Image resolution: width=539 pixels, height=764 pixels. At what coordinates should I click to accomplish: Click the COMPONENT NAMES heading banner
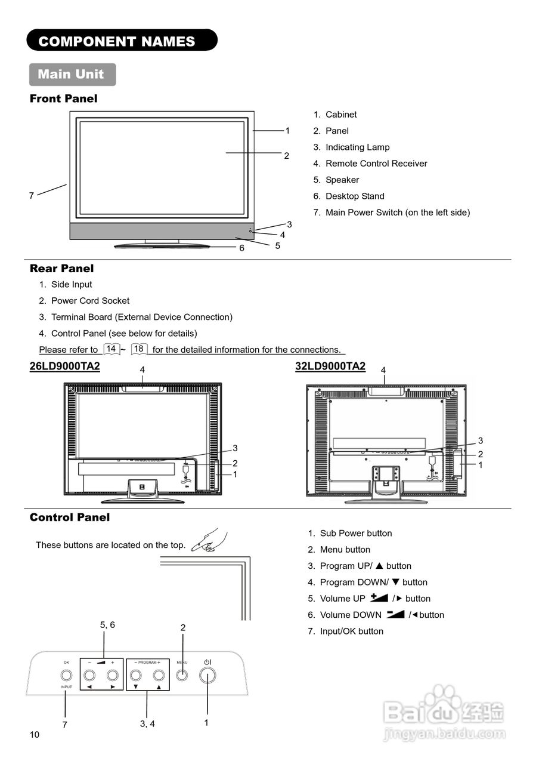122,41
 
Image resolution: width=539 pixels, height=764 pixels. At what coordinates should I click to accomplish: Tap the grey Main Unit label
72,75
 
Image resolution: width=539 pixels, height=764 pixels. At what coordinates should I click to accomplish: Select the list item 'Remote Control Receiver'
376,164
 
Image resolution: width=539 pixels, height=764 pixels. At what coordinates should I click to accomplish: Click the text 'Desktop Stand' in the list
355,196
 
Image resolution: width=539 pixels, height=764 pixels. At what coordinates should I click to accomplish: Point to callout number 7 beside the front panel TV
32,195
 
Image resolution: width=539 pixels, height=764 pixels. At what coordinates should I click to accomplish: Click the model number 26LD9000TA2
65,366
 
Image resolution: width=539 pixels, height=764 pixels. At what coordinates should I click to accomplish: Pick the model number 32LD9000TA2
330,366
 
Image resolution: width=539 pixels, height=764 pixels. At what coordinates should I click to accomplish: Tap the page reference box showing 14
111,349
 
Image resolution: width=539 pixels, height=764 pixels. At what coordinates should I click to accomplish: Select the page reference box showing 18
139,349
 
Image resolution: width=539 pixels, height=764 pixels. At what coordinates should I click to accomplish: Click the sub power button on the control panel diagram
207,676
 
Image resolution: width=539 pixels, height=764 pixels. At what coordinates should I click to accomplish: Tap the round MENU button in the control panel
182,676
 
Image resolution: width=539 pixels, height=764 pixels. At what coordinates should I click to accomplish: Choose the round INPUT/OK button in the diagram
66,676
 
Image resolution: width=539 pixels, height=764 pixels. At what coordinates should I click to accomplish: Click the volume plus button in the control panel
112,676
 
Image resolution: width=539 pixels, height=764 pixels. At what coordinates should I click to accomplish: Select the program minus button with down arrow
136,676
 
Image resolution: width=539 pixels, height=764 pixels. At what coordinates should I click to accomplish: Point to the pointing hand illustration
209,541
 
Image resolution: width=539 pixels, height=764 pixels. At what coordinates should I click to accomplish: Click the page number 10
35,735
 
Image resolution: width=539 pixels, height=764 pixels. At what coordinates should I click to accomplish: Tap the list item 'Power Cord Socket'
90,301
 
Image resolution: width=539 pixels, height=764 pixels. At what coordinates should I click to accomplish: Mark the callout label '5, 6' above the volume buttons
107,625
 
